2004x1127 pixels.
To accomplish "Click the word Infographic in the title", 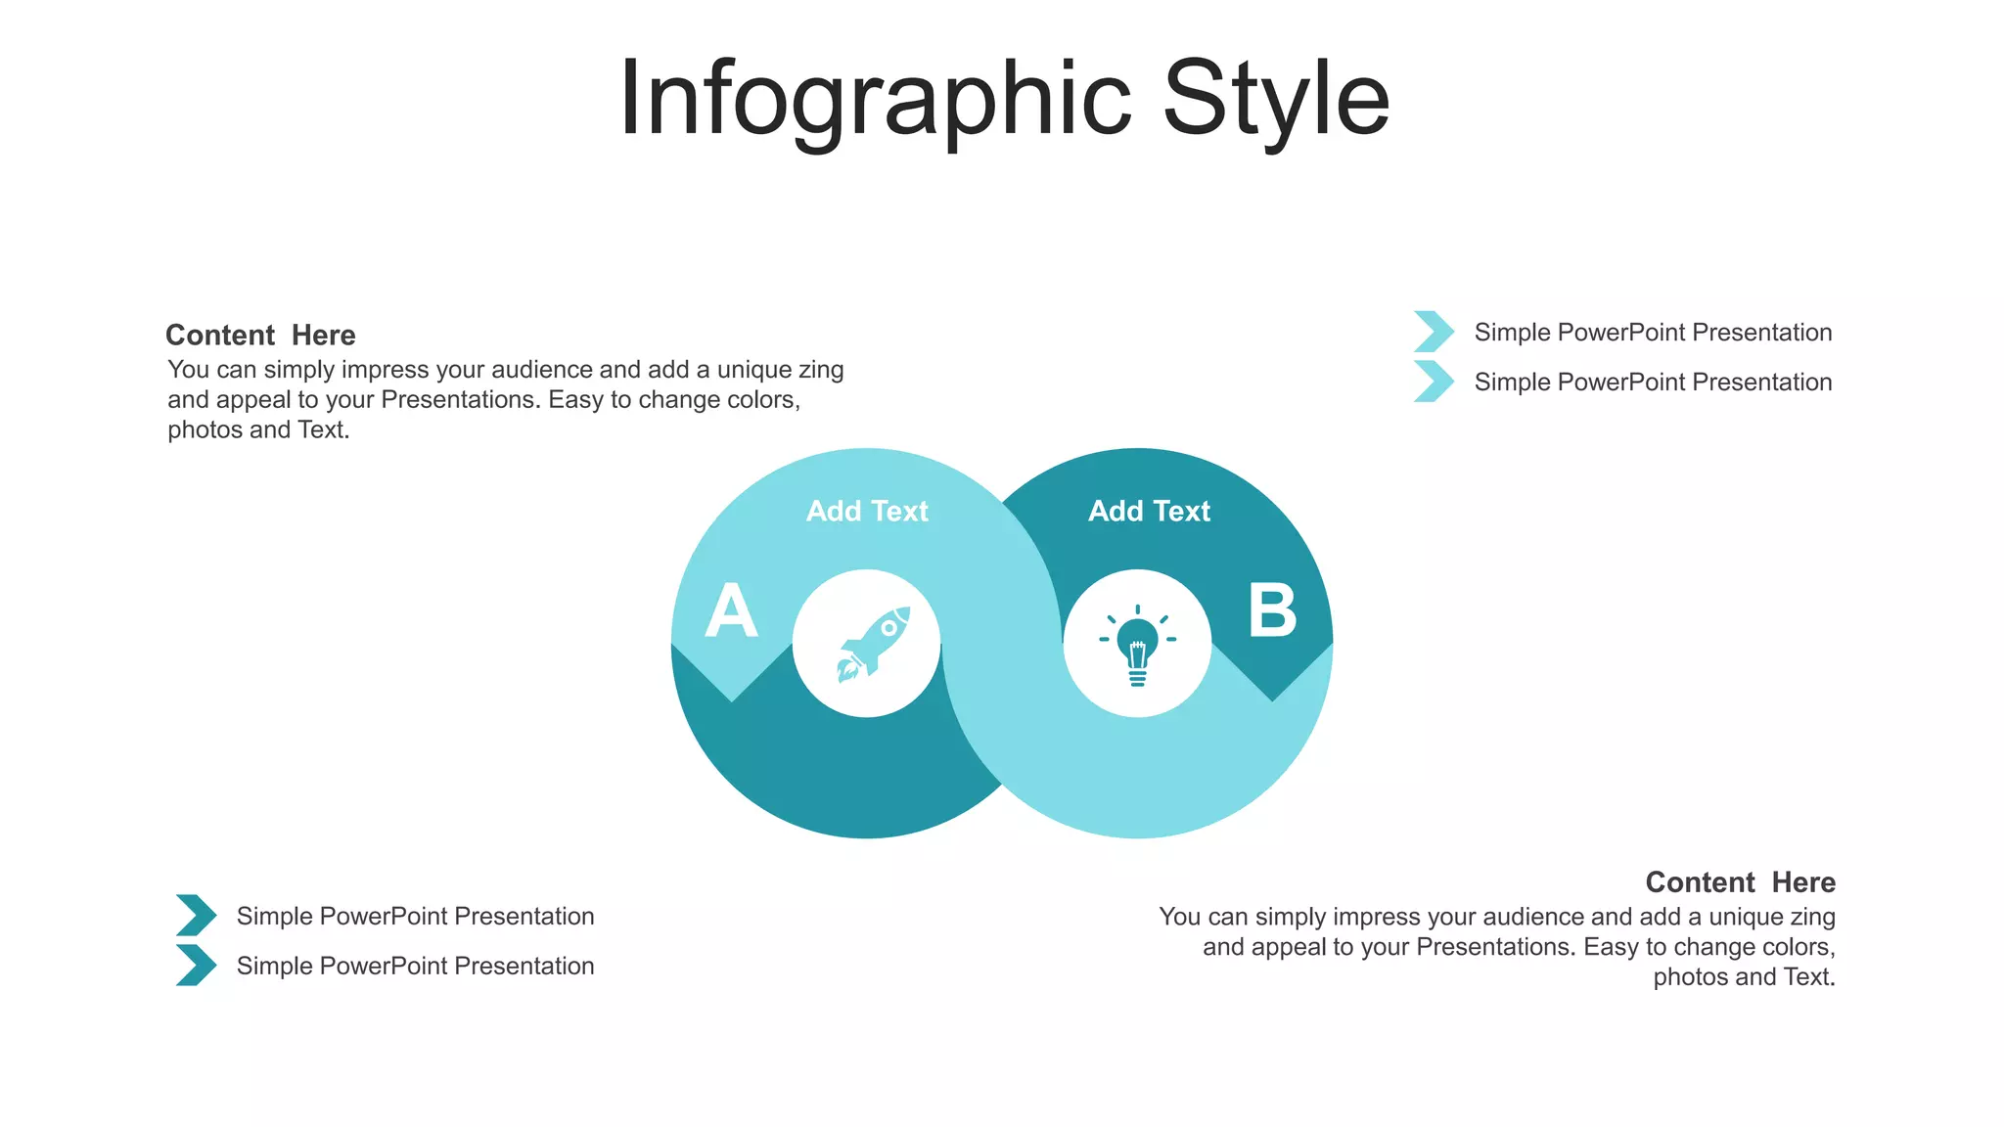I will click(874, 100).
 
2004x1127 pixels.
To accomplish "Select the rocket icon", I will click(873, 644).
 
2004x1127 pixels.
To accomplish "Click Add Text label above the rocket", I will click(867, 511).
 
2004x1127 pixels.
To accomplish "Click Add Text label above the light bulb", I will click(1149, 511).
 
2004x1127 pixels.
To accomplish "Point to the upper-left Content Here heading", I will click(260, 336).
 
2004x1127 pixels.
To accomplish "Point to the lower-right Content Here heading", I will click(1740, 882).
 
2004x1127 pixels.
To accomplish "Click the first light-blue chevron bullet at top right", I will click(1434, 332).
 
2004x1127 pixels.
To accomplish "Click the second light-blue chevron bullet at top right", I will click(1434, 382).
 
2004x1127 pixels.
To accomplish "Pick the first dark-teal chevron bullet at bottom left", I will click(196, 916).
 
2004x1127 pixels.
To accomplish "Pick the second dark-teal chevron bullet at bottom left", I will click(196, 966).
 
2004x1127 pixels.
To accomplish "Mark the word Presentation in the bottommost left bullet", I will click(524, 967).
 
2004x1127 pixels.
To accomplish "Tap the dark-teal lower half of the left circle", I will click(842, 773).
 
